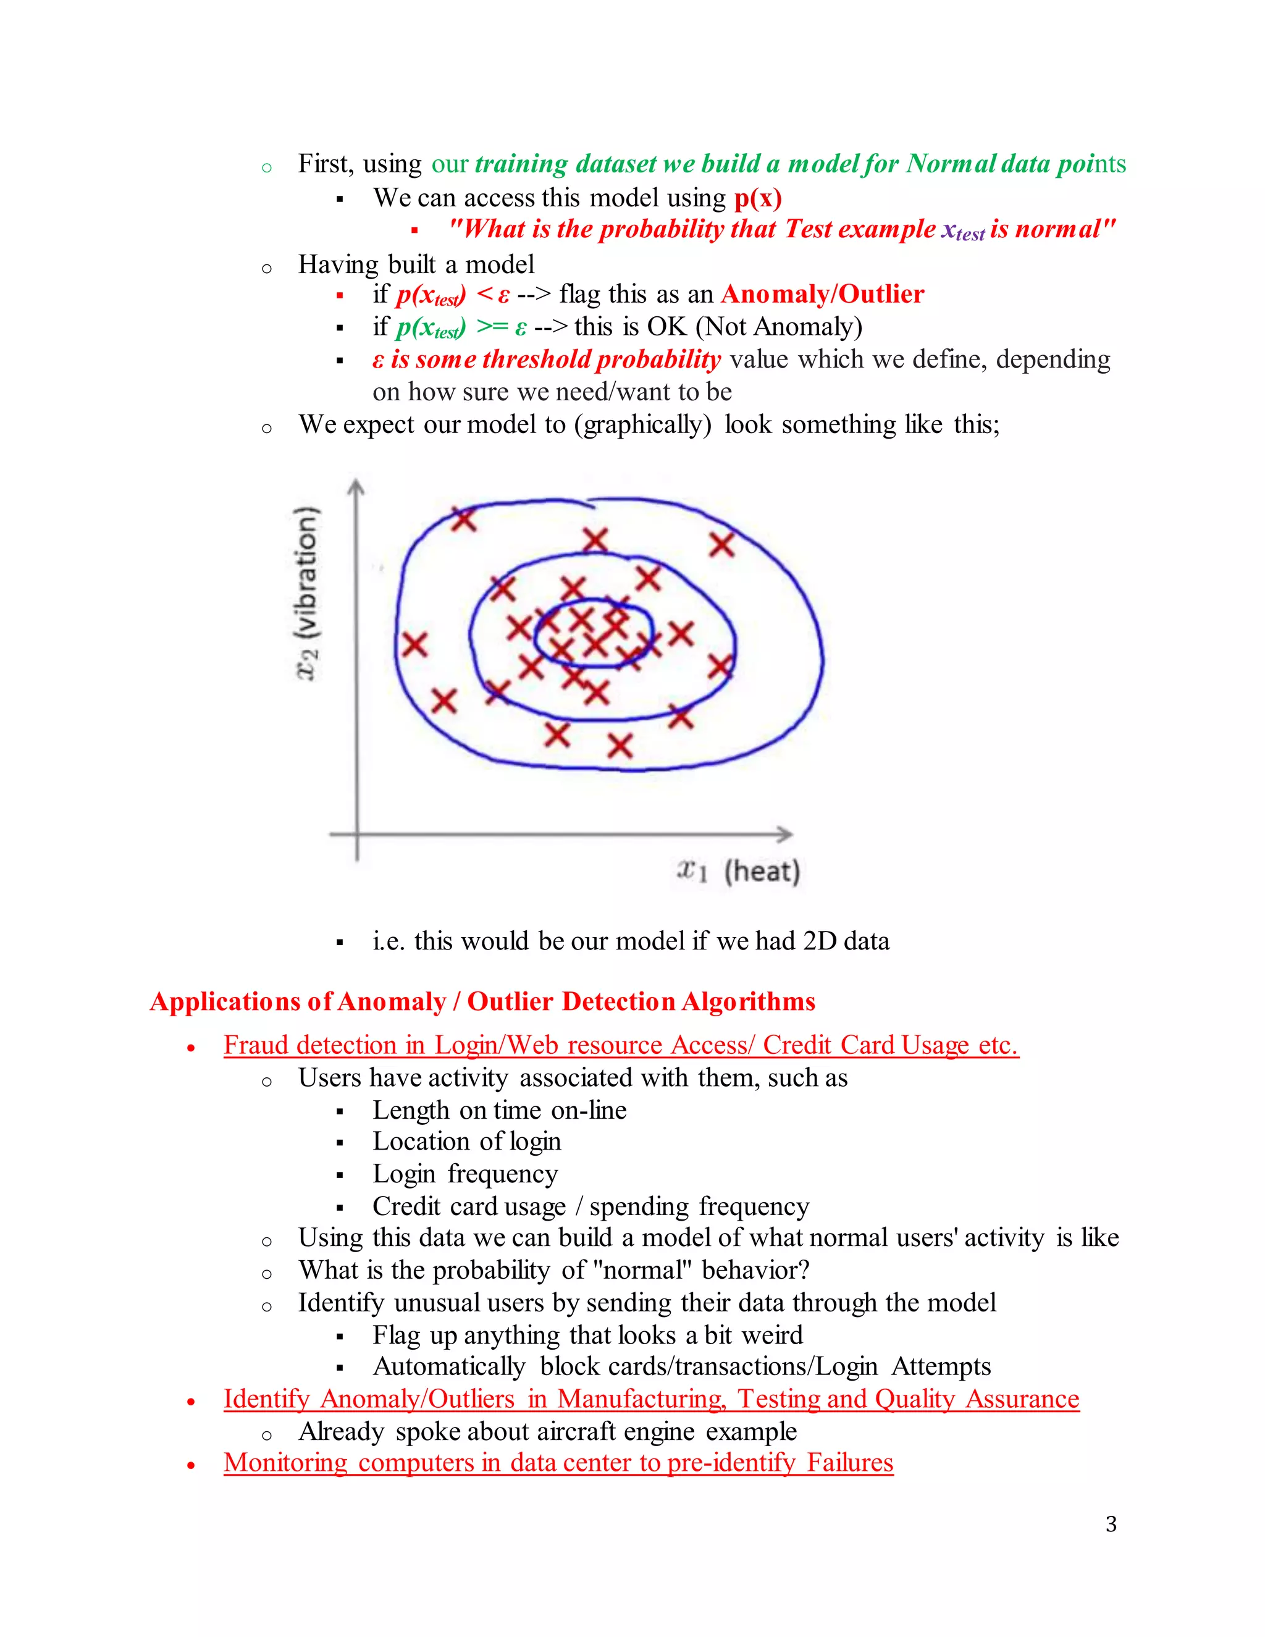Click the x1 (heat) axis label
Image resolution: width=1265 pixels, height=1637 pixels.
(738, 871)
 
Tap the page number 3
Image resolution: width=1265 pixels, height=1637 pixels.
(1111, 1524)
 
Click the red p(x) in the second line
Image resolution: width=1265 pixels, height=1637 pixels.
(758, 198)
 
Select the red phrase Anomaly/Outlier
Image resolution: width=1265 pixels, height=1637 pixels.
(822, 294)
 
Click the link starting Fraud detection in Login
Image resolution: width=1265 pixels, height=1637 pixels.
(621, 1045)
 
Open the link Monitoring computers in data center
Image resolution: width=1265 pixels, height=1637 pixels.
(558, 1462)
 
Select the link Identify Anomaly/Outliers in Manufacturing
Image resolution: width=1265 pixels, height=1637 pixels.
(650, 1399)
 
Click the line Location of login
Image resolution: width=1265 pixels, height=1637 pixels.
(466, 1141)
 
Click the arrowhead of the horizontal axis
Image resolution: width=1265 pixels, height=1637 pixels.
(786, 833)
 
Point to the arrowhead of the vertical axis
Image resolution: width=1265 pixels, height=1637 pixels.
(357, 488)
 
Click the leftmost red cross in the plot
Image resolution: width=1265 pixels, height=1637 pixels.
(414, 644)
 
